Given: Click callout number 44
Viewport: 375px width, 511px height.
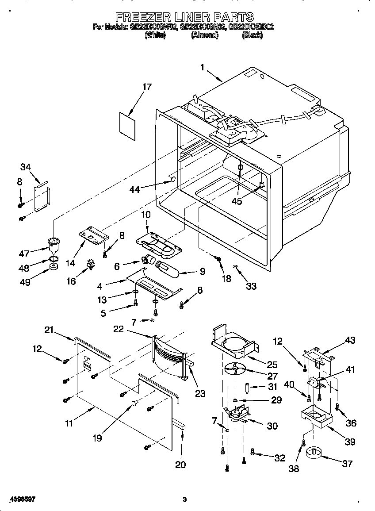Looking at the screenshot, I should [x=134, y=189].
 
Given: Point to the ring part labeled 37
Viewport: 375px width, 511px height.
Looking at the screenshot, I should [x=315, y=453].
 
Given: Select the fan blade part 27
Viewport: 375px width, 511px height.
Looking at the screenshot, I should [x=235, y=368].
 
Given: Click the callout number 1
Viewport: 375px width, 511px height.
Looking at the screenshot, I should [x=203, y=68].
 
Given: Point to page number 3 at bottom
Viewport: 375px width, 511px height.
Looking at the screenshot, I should [x=184, y=499].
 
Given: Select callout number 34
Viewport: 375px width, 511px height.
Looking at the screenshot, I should [x=26, y=167].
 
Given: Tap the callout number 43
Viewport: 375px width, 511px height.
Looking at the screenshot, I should [x=350, y=340].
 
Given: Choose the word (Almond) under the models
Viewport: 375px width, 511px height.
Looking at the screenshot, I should [x=205, y=36].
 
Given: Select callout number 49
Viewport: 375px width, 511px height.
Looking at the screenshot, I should [x=25, y=282].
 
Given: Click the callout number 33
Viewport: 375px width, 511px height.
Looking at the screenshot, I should [x=251, y=286].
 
